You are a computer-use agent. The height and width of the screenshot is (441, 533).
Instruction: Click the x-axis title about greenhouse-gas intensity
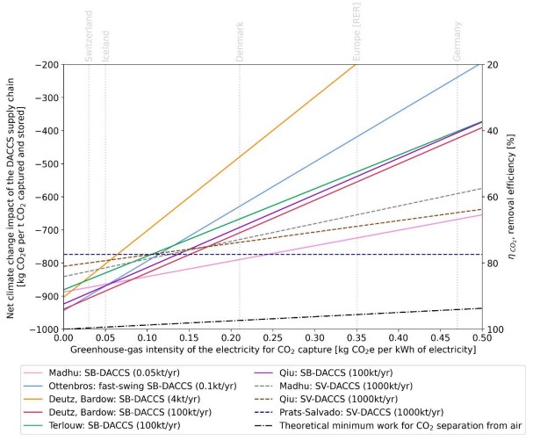click(x=270, y=350)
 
